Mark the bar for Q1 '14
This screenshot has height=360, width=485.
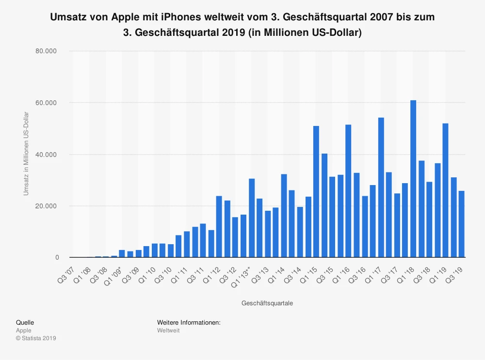284,216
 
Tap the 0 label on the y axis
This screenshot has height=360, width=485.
57,258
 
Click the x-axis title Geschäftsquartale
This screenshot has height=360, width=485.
267,303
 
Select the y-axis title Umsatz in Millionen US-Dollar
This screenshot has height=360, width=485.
27,154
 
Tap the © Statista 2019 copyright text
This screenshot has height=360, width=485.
36,338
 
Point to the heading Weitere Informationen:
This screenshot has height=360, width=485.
189,322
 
